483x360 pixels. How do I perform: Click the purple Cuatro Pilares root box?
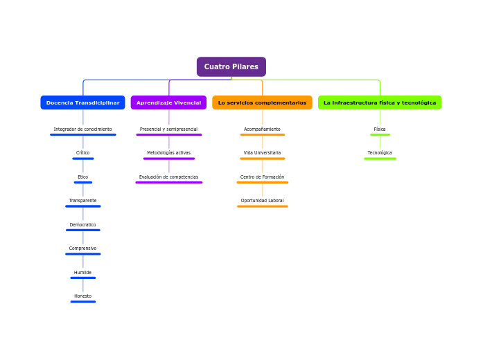231,66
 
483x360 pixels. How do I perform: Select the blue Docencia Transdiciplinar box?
82,102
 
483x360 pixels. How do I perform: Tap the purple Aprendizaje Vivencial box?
168,102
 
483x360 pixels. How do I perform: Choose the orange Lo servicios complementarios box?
262,102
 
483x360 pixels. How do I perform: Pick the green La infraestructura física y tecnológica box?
380,102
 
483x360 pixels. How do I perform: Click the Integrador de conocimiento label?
82,129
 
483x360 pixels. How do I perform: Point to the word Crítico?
82,153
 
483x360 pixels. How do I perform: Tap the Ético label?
82,177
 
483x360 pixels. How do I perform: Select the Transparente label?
82,201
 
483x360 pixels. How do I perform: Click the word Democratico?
82,225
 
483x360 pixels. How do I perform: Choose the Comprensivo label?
82,249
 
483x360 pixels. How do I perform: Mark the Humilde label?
82,273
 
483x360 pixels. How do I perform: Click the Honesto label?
82,296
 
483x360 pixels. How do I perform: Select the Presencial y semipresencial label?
168,129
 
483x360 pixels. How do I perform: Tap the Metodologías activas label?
168,153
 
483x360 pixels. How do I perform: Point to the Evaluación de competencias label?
168,177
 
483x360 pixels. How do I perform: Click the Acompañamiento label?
262,129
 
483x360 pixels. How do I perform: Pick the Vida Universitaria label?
262,153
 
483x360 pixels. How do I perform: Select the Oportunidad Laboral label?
262,201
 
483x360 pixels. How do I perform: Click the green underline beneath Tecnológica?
380,159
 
